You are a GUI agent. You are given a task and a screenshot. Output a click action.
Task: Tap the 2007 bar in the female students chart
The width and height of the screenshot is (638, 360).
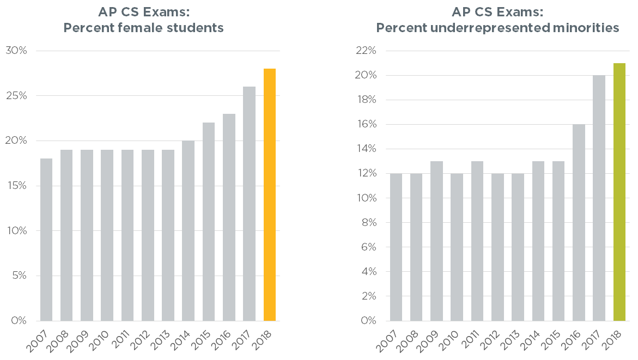[x=46, y=240]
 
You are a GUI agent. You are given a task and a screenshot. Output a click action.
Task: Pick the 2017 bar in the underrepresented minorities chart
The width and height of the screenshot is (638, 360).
[x=599, y=198]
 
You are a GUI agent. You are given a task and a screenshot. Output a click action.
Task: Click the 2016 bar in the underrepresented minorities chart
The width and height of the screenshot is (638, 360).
[x=579, y=223]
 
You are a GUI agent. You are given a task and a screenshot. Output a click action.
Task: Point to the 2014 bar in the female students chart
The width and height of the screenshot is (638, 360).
[x=189, y=231]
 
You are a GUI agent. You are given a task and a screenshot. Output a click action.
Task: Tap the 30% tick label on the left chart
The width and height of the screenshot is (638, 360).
[x=16, y=51]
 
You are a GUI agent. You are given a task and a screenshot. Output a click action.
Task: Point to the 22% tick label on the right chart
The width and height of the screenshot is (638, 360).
[x=366, y=51]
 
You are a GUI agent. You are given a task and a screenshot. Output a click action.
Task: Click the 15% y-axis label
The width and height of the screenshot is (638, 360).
[x=16, y=186]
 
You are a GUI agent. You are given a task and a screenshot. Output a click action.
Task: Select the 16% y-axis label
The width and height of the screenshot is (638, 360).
[x=366, y=124]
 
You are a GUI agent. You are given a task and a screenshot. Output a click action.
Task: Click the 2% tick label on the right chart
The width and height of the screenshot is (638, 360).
[x=368, y=296]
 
